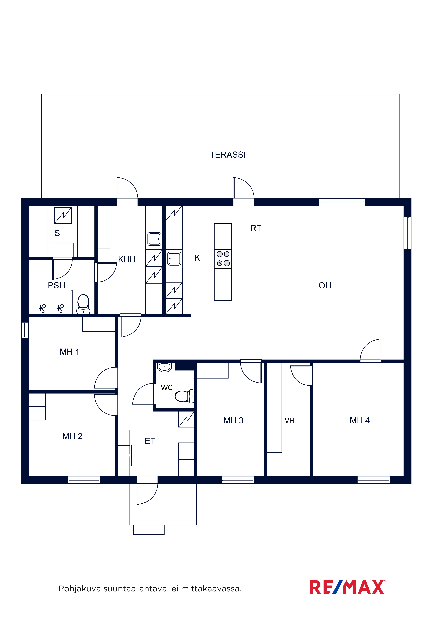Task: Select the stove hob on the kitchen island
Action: pyautogui.click(x=223, y=259)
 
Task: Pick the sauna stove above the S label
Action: pyautogui.click(x=63, y=215)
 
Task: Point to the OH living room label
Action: pyautogui.click(x=325, y=285)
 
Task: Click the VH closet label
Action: pyautogui.click(x=289, y=421)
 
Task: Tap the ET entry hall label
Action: pyautogui.click(x=150, y=441)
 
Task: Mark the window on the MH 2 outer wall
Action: pyautogui.click(x=84, y=480)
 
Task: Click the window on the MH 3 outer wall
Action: pyautogui.click(x=238, y=480)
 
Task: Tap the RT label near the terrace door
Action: pyautogui.click(x=256, y=228)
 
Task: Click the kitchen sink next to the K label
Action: pyautogui.click(x=174, y=259)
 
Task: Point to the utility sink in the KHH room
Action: pyautogui.click(x=155, y=239)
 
